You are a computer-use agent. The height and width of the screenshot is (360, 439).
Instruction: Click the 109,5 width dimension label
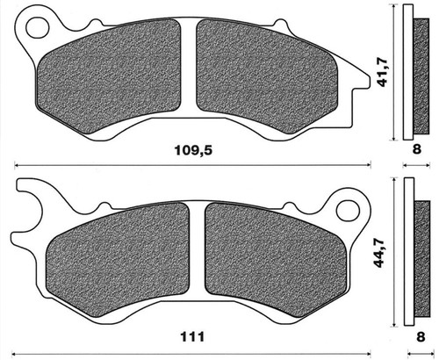click(x=193, y=150)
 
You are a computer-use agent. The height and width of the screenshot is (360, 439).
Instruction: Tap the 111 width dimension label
click(x=192, y=337)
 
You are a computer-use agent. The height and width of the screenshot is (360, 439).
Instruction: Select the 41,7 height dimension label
click(x=383, y=73)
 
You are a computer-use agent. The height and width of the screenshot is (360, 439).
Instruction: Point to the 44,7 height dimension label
click(x=379, y=253)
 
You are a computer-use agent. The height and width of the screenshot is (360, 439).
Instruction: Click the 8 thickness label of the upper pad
click(x=416, y=149)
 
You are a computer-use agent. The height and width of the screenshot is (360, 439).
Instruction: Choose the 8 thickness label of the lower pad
click(x=421, y=337)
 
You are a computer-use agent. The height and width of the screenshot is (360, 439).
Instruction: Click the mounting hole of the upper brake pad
click(x=38, y=28)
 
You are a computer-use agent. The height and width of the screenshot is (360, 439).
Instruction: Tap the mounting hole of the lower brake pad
click(x=348, y=211)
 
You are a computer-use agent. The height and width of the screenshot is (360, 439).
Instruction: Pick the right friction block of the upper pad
click(x=267, y=76)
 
